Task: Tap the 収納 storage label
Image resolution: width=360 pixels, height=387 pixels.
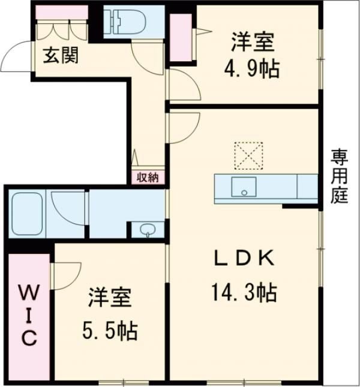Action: click(x=148, y=176)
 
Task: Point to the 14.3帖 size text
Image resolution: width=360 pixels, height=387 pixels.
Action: click(x=244, y=293)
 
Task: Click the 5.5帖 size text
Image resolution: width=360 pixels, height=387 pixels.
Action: click(x=110, y=329)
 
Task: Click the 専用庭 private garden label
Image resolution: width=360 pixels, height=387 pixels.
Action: click(x=339, y=177)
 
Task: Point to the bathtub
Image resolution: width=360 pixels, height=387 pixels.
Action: click(x=27, y=214)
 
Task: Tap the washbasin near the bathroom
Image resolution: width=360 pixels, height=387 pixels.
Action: click(x=146, y=229)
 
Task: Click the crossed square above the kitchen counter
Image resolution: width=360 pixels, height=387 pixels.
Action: click(x=248, y=155)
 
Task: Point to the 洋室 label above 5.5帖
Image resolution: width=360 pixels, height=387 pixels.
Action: click(x=110, y=298)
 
